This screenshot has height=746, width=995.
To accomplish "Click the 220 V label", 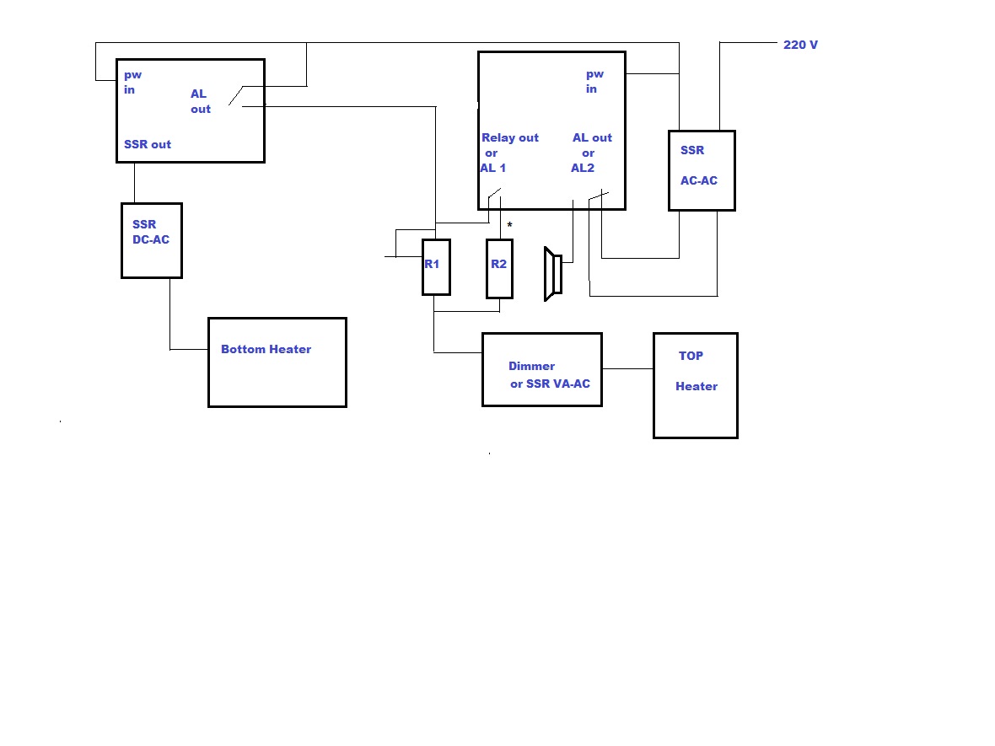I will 800,45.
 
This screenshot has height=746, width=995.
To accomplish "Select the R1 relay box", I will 436,267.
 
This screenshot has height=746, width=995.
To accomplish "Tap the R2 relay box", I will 499,268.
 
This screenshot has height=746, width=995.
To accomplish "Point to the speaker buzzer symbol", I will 553,274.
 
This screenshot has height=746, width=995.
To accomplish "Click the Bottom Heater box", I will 277,362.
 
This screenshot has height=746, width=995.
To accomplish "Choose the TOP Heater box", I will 695,385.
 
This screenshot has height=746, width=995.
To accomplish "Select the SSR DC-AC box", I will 151,240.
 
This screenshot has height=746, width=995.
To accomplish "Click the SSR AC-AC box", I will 701,170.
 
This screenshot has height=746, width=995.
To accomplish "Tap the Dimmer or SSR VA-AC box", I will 541,369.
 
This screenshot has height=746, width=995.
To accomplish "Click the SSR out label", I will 148,144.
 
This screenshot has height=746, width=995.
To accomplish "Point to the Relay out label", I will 510,137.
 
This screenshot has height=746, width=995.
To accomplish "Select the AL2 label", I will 583,168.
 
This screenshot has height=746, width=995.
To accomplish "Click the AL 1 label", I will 493,168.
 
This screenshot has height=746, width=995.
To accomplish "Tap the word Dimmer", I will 531,366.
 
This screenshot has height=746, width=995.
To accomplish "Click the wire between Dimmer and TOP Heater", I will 627,368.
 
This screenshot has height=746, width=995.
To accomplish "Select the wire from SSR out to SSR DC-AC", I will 134,182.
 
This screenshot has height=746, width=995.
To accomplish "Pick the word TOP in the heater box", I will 691,356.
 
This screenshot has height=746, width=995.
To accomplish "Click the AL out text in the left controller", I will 201,101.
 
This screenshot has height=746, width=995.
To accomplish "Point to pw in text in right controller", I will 594,82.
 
